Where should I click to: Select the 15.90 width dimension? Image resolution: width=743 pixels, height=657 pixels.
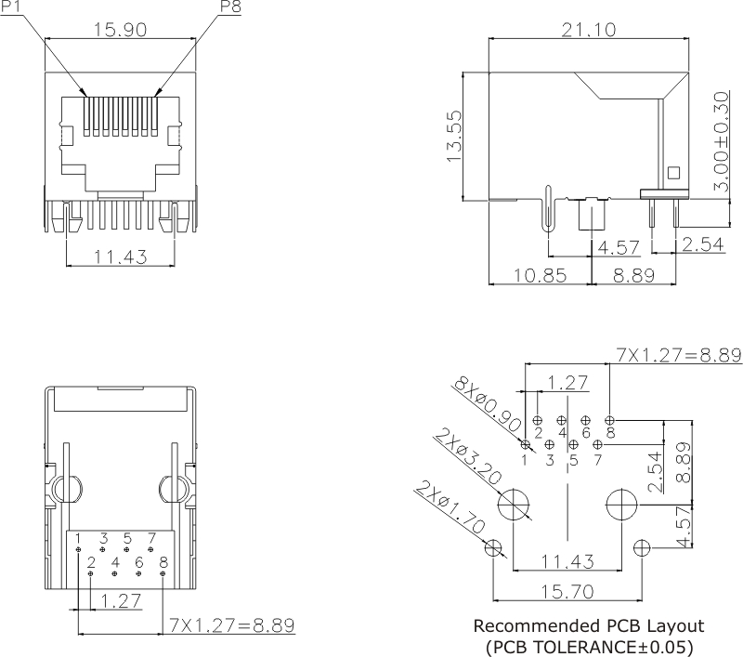pos(119,30)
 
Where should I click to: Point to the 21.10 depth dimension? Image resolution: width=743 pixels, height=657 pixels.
pos(589,30)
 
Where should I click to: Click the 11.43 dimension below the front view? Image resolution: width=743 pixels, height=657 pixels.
pos(119,256)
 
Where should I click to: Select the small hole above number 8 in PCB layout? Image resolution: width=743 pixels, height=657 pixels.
pos(610,418)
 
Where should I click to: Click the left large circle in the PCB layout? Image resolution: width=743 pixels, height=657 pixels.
pos(512,506)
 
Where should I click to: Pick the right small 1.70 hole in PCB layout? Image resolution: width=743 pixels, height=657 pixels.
pos(642,546)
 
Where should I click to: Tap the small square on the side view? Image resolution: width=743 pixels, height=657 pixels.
pos(673,172)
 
